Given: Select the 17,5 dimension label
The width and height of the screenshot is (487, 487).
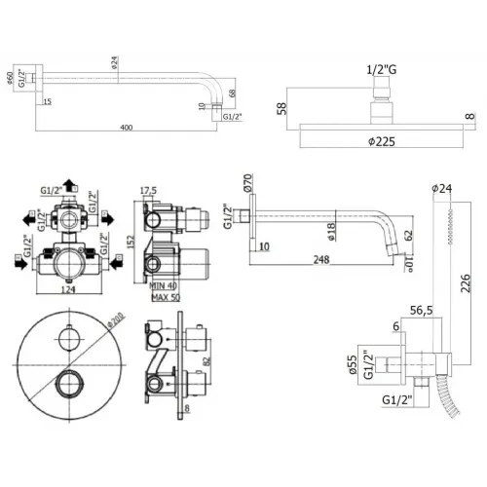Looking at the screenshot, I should click(x=149, y=191).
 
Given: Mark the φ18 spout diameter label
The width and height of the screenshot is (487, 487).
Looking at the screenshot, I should click(x=332, y=230).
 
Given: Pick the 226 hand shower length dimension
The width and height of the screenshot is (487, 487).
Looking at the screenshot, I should click(x=468, y=283).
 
